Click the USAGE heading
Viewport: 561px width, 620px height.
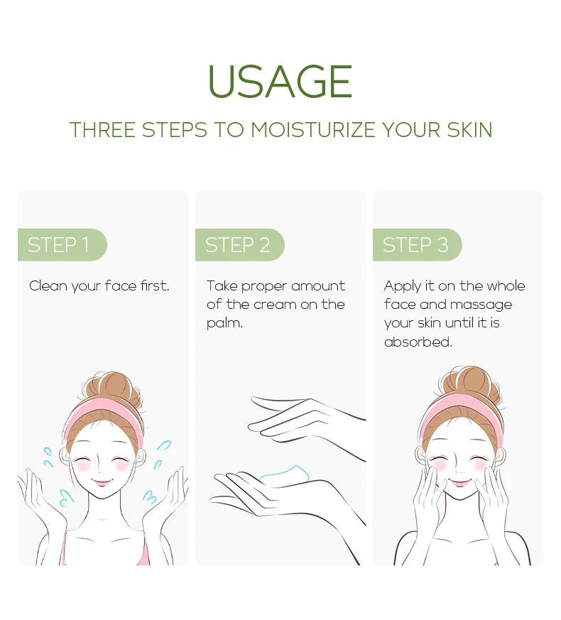coord(280,82)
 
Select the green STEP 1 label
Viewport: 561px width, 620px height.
coord(60,245)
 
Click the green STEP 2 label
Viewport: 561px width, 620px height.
coord(238,245)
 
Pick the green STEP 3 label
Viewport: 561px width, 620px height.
coord(415,245)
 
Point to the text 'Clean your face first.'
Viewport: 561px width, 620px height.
coord(99,286)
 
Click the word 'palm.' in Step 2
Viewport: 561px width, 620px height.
coord(224,323)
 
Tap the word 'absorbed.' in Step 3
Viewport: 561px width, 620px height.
coord(418,342)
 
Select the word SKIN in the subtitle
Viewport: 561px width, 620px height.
coord(469,130)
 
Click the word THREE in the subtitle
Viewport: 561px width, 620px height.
coord(102,130)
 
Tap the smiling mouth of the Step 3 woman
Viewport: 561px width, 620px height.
coord(460,484)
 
